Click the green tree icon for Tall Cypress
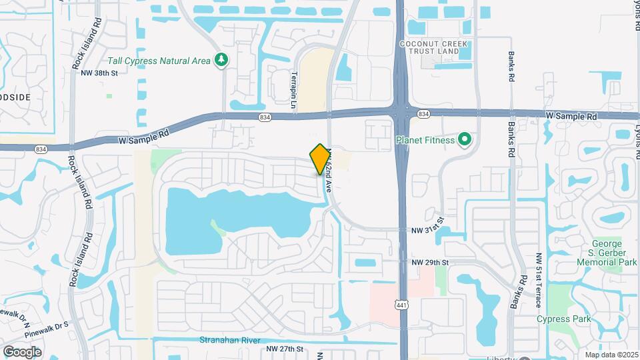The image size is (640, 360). click(x=221, y=61)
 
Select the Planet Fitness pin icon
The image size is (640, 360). click(x=465, y=140)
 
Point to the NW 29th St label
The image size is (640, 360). click(x=429, y=263)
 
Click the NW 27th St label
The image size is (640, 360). click(x=285, y=349)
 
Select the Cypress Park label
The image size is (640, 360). click(x=564, y=319)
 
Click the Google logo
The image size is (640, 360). click(x=22, y=351)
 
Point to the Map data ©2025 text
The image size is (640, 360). click(x=611, y=355)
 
